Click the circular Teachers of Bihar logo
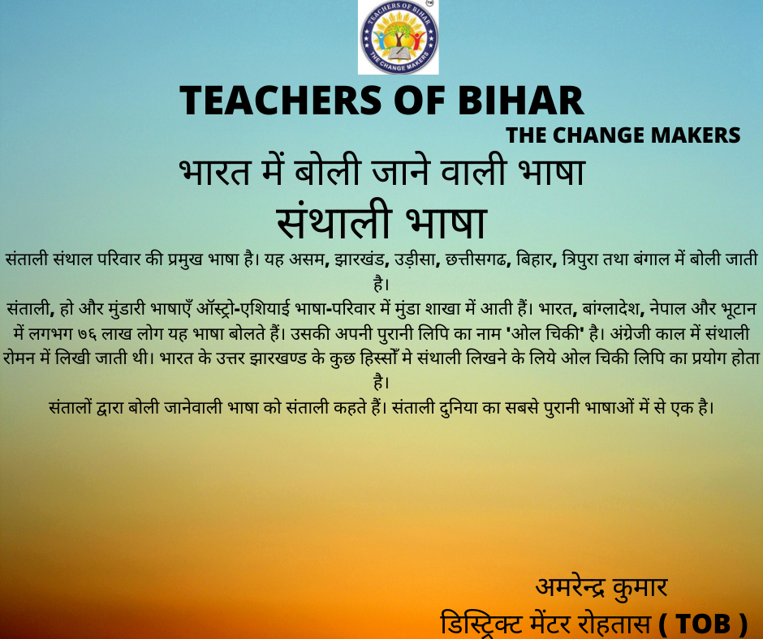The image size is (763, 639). pos(399,37)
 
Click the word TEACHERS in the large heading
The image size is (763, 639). pos(281,101)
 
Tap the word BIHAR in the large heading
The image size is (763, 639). pos(520,101)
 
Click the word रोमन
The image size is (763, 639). pos(19,358)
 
